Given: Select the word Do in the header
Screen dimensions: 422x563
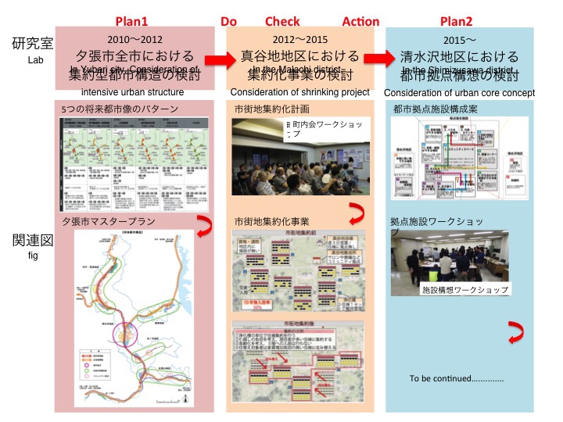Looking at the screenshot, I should tap(228, 21).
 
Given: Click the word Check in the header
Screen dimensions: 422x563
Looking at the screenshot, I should tap(282, 21).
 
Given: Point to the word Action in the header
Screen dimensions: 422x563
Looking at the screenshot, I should tap(360, 21).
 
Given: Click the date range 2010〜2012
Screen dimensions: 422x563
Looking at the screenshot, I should tap(134, 39).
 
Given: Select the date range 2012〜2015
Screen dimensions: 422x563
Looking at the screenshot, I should tap(300, 39).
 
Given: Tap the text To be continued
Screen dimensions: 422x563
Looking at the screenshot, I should tap(457, 379).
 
